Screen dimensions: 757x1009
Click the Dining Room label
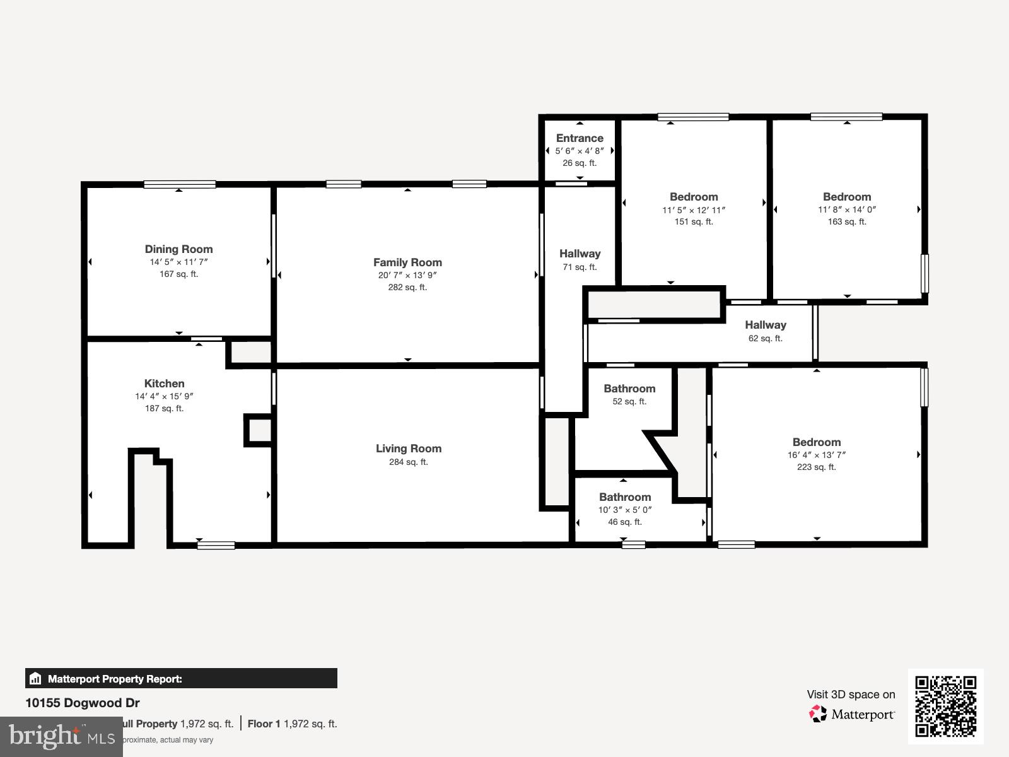pyautogui.click(x=178, y=249)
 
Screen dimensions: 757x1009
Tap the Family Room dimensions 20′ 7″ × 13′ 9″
pyautogui.click(x=407, y=275)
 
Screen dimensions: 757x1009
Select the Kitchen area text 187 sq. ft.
pyautogui.click(x=164, y=409)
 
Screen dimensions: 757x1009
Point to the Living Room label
pyautogui.click(x=409, y=449)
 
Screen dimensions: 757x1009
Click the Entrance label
pyautogui.click(x=580, y=138)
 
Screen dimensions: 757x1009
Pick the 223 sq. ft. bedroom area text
pyautogui.click(x=816, y=467)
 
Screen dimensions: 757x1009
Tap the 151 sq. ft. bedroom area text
pyautogui.click(x=694, y=222)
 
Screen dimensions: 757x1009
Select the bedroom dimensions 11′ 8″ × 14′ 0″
pyautogui.click(x=847, y=210)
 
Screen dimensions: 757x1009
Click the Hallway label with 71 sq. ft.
pyautogui.click(x=580, y=254)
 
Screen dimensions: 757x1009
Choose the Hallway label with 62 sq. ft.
pyautogui.click(x=765, y=325)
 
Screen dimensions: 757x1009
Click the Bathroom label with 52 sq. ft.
pyautogui.click(x=629, y=389)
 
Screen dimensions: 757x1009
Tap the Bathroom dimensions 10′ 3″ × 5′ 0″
pyautogui.click(x=624, y=510)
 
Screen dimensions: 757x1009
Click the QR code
pyautogui.click(x=945, y=706)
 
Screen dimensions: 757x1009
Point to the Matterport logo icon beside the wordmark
pyautogui.click(x=818, y=714)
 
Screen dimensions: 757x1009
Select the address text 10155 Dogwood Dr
pyautogui.click(x=83, y=703)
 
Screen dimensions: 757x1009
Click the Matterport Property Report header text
pyautogui.click(x=115, y=679)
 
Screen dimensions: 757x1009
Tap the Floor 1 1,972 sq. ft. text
pyautogui.click(x=292, y=724)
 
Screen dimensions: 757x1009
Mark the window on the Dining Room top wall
pyautogui.click(x=180, y=185)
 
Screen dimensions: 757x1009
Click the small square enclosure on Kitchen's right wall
pyautogui.click(x=259, y=430)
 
